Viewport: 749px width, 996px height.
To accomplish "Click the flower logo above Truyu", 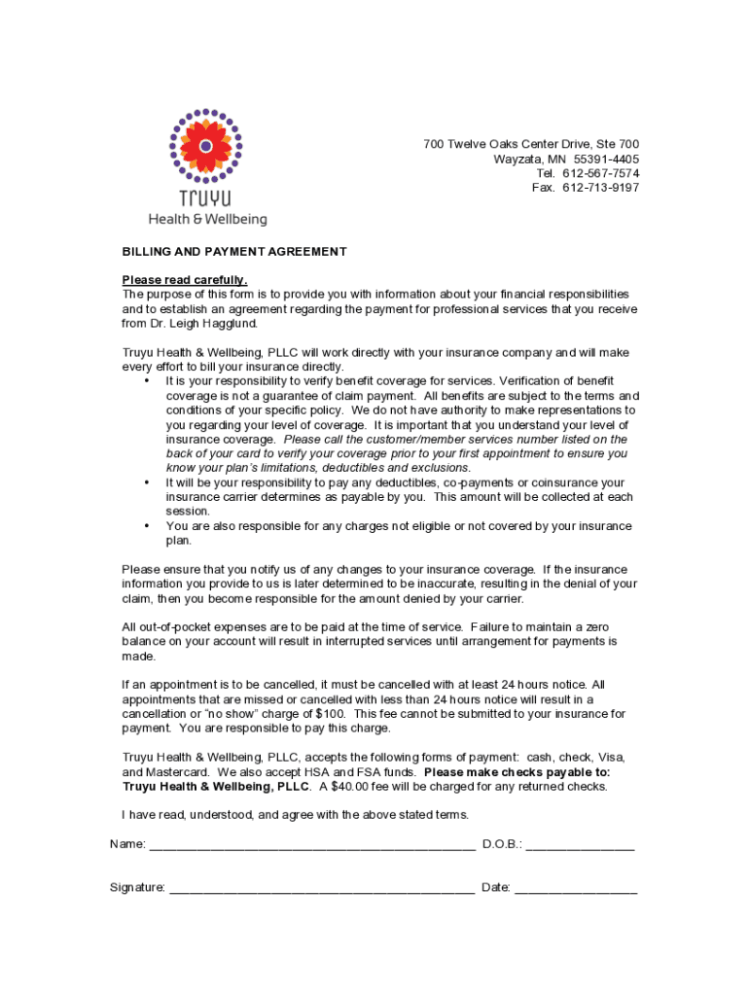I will tap(206, 146).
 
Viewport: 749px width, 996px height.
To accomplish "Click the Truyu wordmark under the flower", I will tap(205, 198).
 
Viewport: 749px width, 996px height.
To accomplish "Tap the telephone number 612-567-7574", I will tap(600, 173).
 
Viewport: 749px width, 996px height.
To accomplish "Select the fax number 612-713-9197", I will tap(600, 188).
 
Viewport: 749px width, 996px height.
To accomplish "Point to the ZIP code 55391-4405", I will tap(606, 159).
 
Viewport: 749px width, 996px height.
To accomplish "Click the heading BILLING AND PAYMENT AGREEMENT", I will tap(234, 252).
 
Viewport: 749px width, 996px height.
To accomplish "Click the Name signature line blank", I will tap(312, 844).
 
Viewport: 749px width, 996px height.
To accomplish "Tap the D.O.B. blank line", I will tap(580, 844).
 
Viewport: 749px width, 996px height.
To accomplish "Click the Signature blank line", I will tap(322, 888).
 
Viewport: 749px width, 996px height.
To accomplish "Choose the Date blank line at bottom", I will tap(576, 888).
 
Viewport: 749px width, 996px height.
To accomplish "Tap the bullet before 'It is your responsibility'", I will tap(146, 381).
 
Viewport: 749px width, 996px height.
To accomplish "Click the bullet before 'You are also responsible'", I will tap(146, 526).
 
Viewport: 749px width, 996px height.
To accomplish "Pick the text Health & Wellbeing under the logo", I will tap(207, 220).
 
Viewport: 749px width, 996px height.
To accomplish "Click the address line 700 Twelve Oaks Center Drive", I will tap(531, 145).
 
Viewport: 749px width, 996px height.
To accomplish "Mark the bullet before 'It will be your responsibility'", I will tap(146, 482).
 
